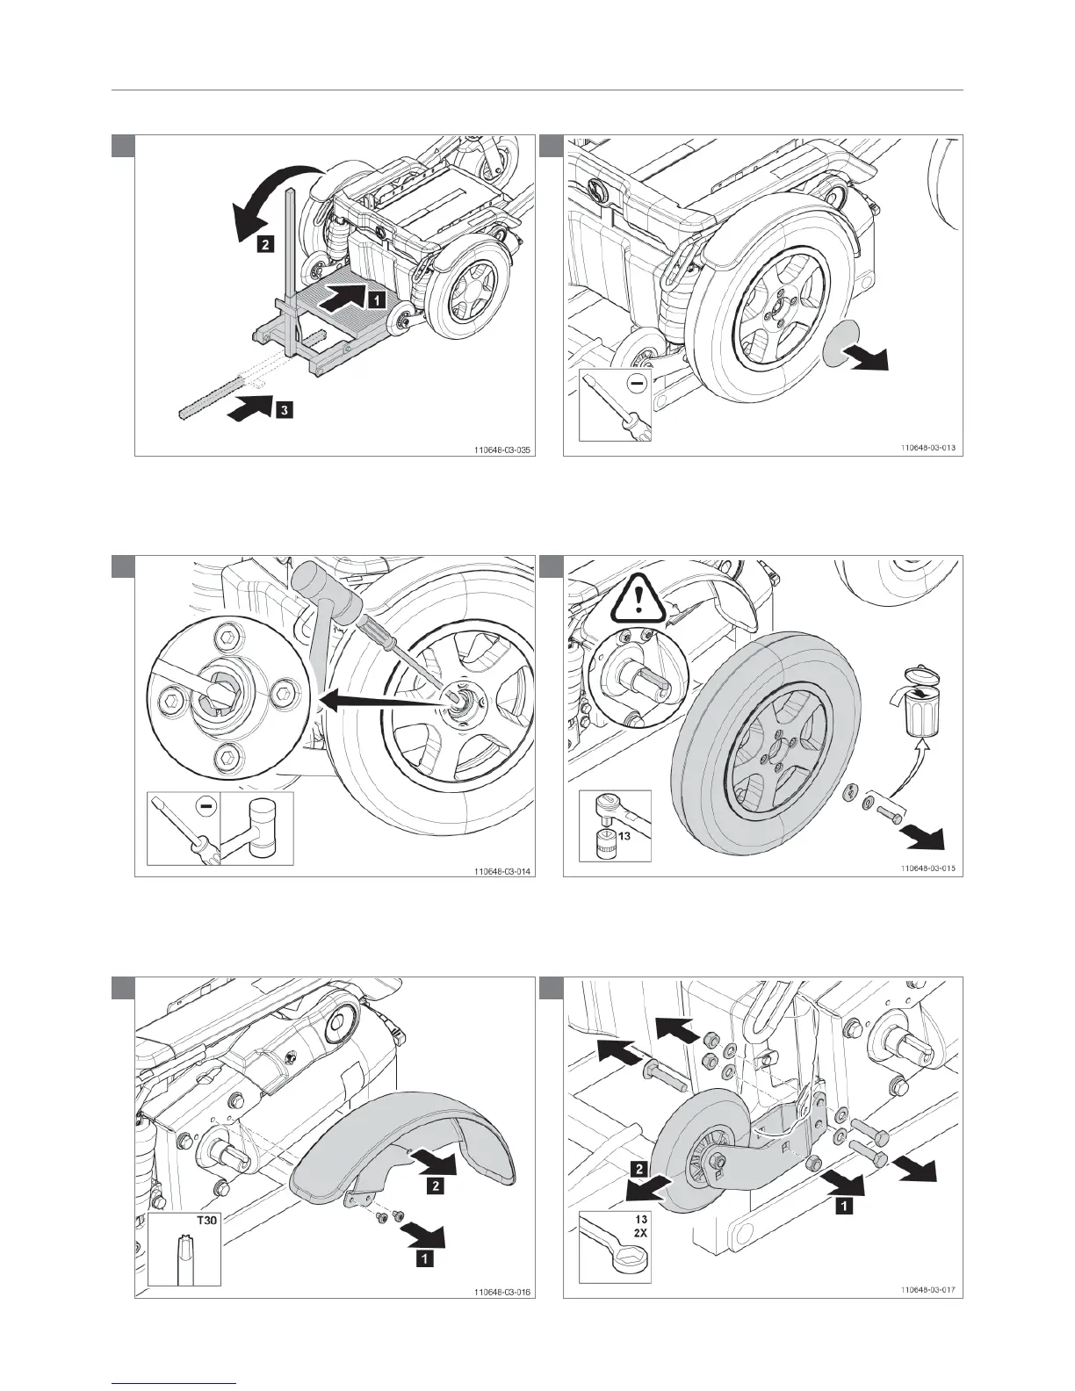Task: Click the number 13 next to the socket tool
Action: [625, 835]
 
